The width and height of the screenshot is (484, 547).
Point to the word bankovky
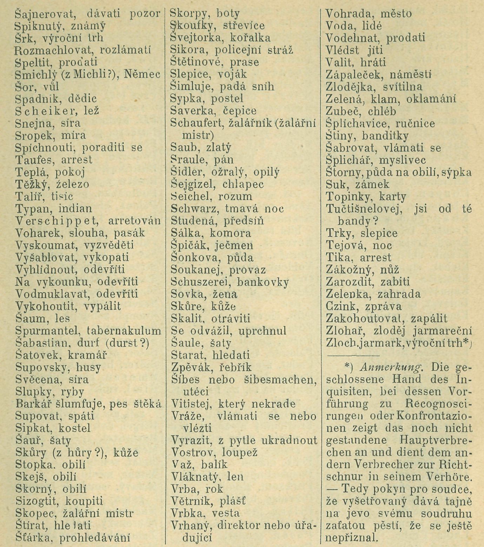[x=263, y=282]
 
